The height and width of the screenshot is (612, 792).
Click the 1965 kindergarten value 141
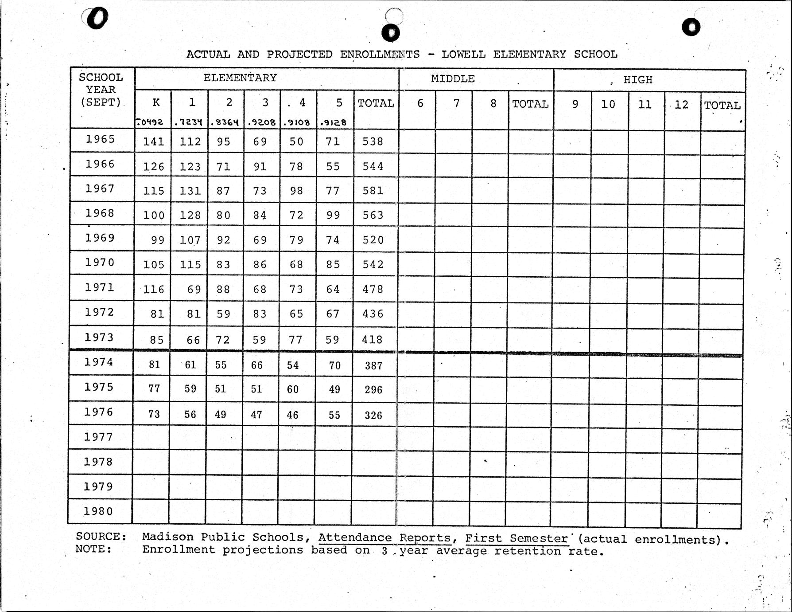click(154, 141)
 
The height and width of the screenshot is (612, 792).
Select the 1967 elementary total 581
click(373, 191)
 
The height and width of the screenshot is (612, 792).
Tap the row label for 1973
click(100, 337)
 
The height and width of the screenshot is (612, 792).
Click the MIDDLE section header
click(453, 79)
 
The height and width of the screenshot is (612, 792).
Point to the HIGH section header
click(638, 80)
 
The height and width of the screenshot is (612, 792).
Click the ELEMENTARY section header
click(240, 78)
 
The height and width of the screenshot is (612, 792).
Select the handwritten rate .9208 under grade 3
click(262, 122)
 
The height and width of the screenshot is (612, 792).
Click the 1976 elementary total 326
click(373, 416)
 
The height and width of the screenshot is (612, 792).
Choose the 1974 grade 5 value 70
click(334, 365)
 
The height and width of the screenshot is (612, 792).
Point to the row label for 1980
click(98, 511)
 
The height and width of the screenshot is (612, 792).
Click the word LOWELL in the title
click(463, 55)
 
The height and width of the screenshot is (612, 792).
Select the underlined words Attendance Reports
click(384, 538)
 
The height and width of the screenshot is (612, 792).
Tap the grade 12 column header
click(681, 105)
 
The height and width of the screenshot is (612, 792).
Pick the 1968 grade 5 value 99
click(333, 216)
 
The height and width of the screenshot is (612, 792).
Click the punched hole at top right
click(691, 27)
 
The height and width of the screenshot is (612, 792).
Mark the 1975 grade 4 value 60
click(292, 389)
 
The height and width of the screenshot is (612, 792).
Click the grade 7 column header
click(456, 104)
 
